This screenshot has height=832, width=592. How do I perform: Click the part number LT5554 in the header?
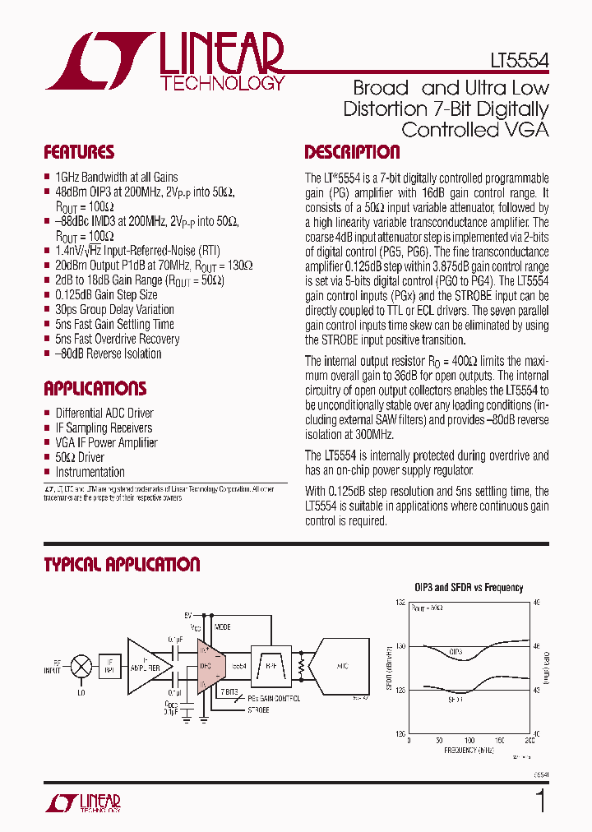pos(516,61)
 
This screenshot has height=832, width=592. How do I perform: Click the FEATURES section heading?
pos(79,152)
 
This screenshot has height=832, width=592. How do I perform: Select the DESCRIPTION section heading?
pos(352,152)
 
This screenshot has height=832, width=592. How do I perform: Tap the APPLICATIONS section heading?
pos(95,389)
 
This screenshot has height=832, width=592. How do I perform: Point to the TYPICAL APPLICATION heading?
pos(122,565)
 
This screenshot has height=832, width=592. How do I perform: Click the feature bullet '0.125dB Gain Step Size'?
pos(106,294)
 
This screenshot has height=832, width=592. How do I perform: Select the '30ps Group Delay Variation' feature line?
pos(114,309)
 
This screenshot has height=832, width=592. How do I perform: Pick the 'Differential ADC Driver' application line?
pos(104,413)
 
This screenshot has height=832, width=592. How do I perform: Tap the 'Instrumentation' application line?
pos(90,472)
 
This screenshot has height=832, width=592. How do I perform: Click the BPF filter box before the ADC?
pos(270,665)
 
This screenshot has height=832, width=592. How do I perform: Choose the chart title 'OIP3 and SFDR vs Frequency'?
pos(468,588)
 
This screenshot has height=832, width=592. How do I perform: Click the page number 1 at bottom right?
pos(541,801)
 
